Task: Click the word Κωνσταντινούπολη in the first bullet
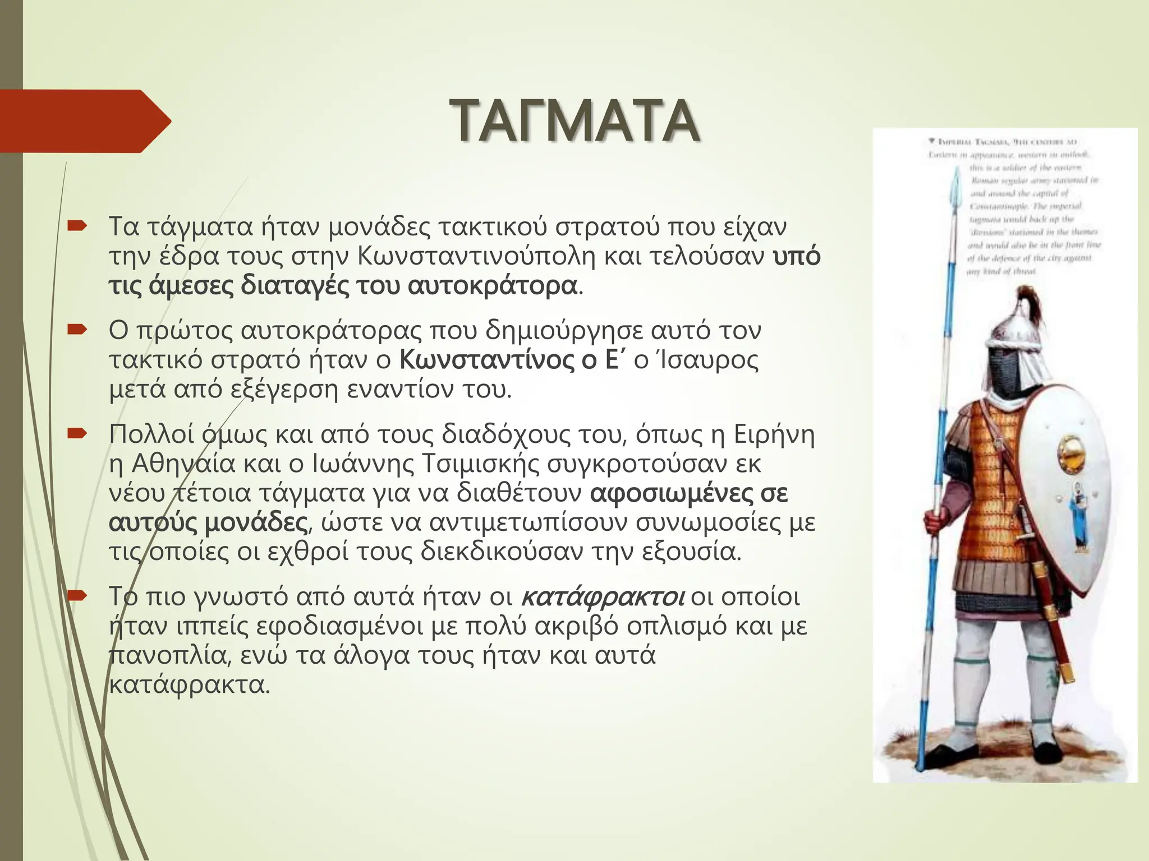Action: point(479,257)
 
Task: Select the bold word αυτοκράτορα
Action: point(493,286)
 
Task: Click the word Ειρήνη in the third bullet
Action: point(774,434)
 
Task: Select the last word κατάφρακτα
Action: point(190,685)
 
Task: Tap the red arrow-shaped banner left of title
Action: point(84,121)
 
